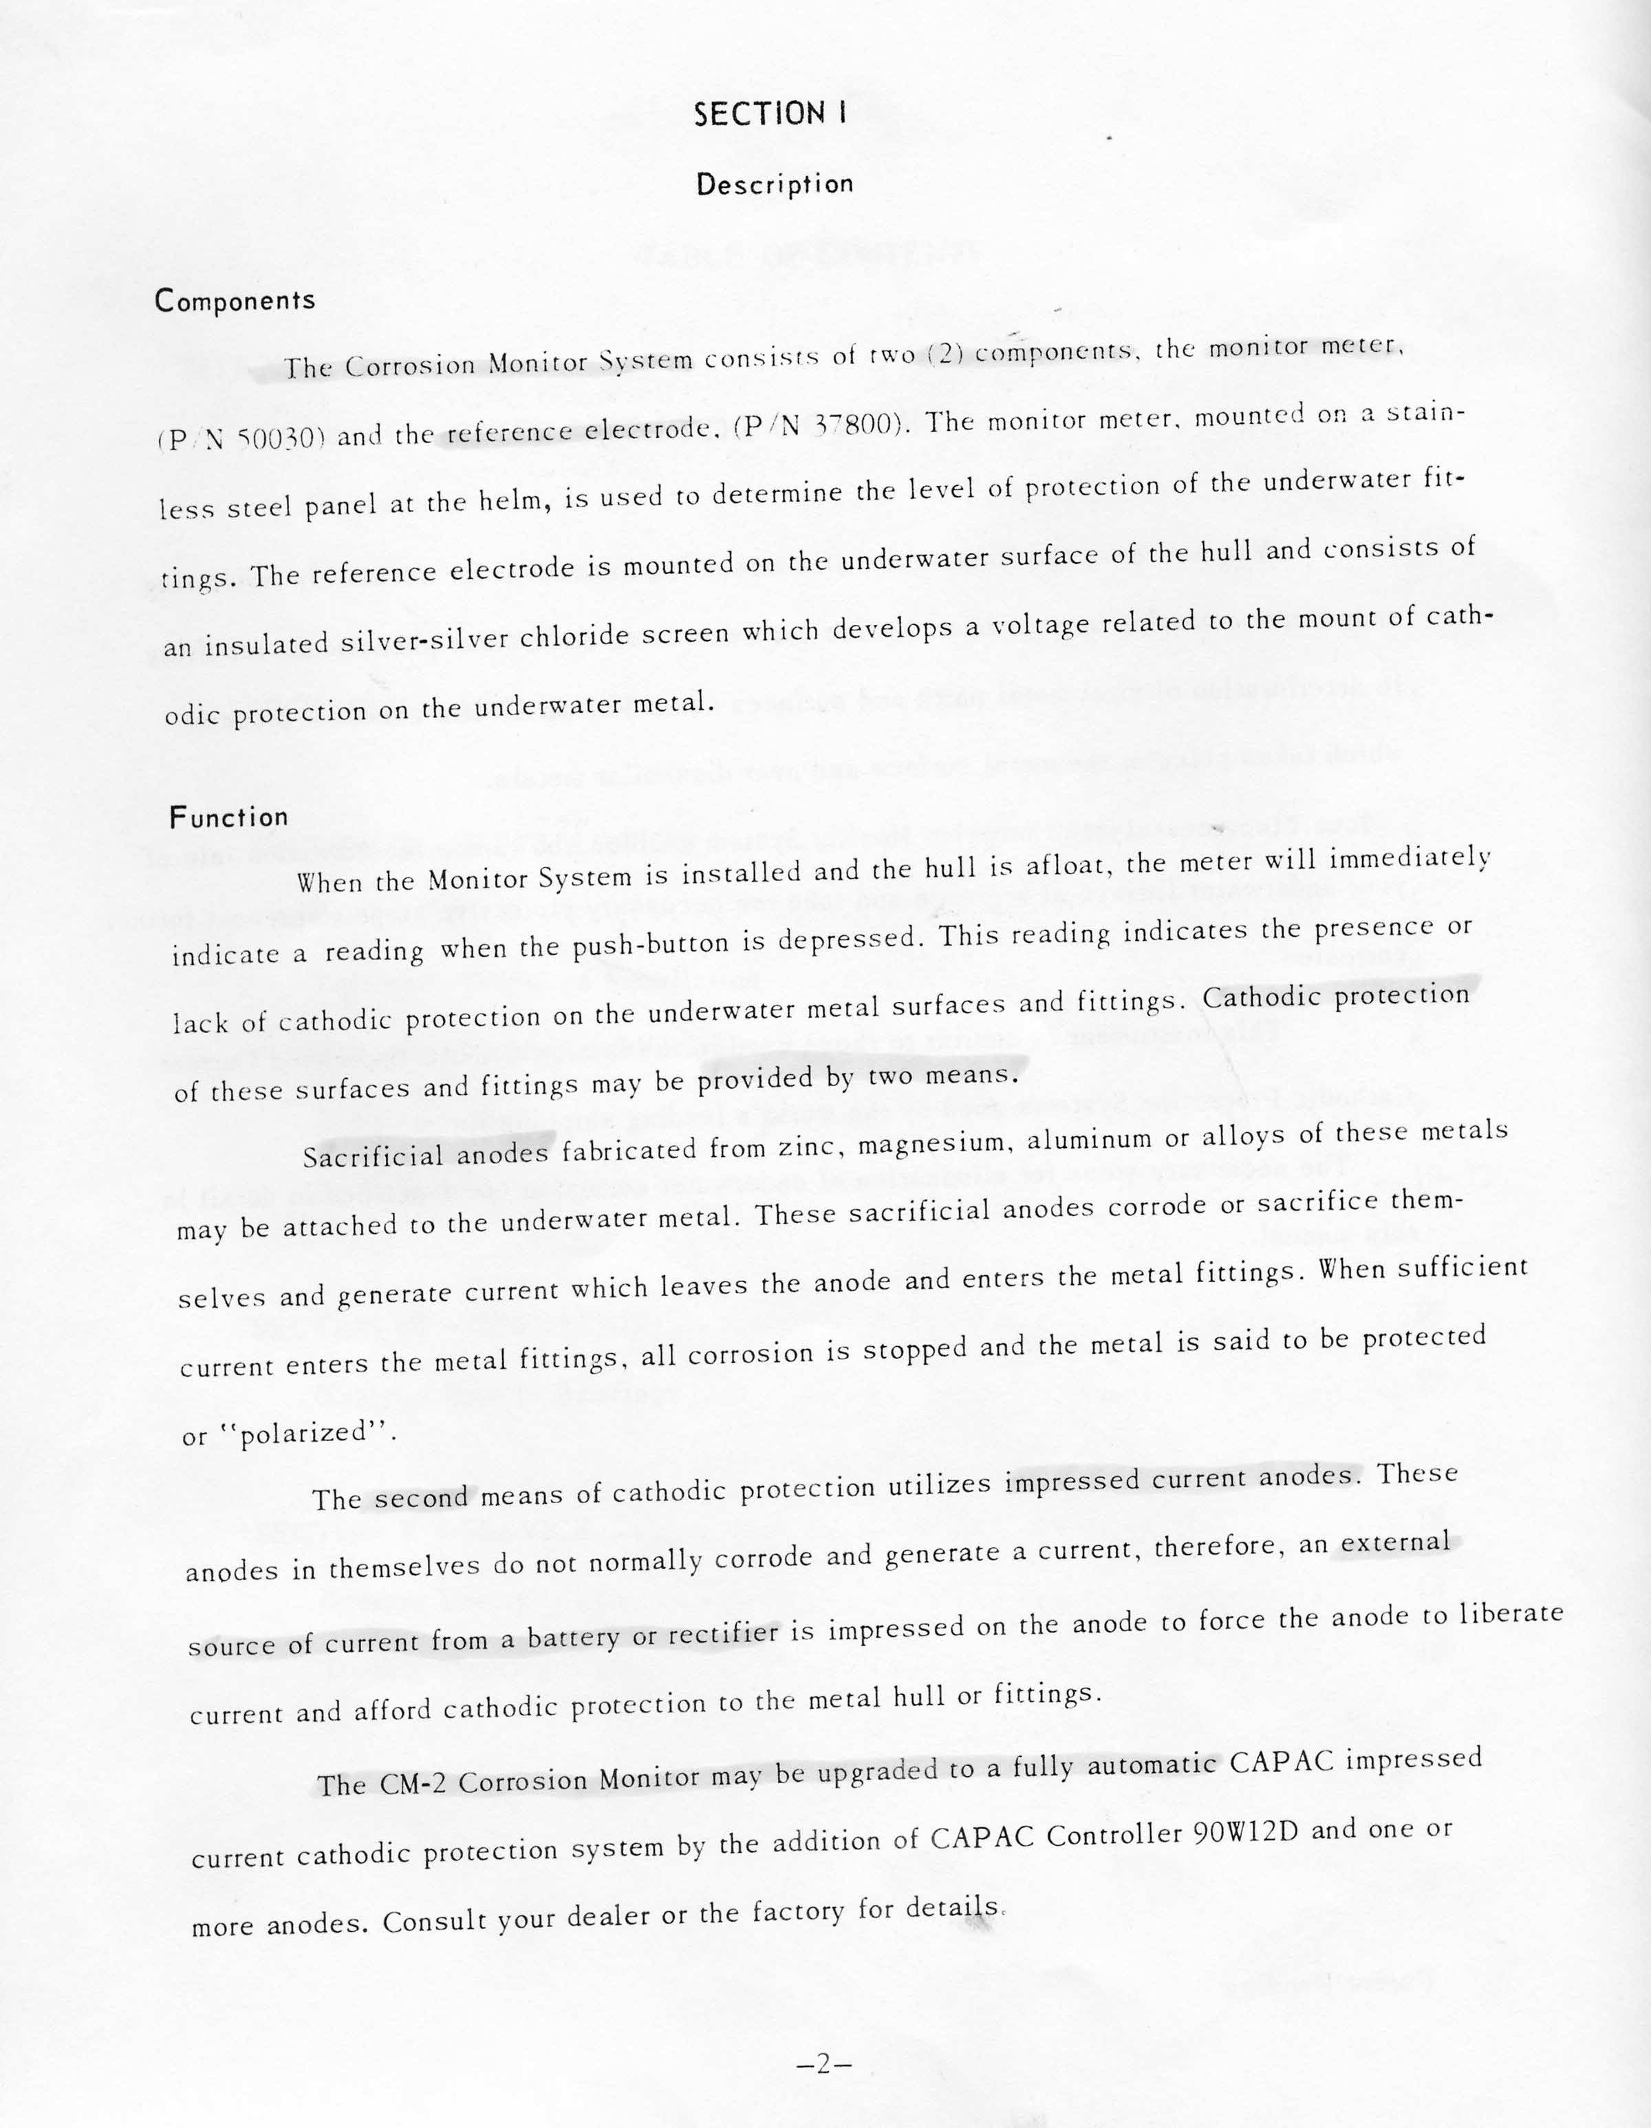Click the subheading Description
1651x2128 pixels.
tap(775, 184)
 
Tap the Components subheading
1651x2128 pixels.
tap(235, 300)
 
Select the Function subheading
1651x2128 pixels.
tap(229, 816)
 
